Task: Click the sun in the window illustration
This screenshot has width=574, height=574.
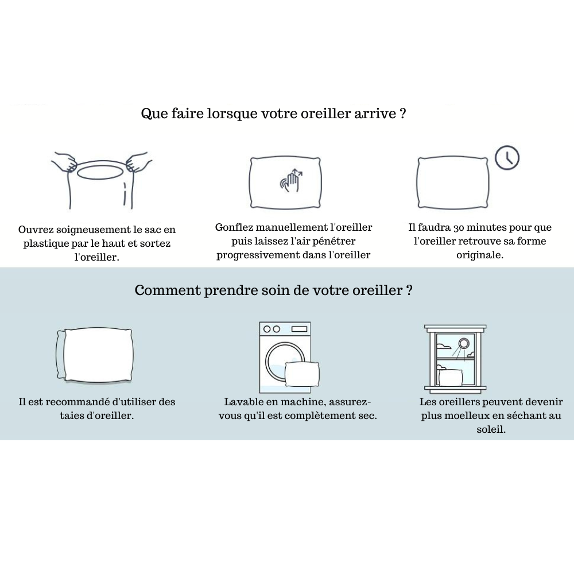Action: pos(464,344)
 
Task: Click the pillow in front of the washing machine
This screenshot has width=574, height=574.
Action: pos(302,374)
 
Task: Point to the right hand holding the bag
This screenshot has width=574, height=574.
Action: pos(139,162)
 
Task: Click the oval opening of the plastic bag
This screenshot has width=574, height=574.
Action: pos(99,172)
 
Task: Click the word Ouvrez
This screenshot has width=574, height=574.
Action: pos(33,230)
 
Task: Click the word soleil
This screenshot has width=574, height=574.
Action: pos(491,429)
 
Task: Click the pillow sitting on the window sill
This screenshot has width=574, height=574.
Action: pos(450,377)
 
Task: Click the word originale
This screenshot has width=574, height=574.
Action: pos(479,255)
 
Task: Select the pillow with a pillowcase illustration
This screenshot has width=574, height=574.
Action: pos(95,355)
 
